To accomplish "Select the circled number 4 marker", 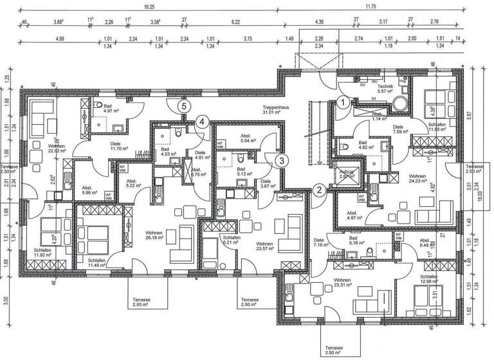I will click(202, 121).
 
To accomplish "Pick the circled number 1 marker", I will click(343, 102).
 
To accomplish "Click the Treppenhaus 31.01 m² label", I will click(276, 110).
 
